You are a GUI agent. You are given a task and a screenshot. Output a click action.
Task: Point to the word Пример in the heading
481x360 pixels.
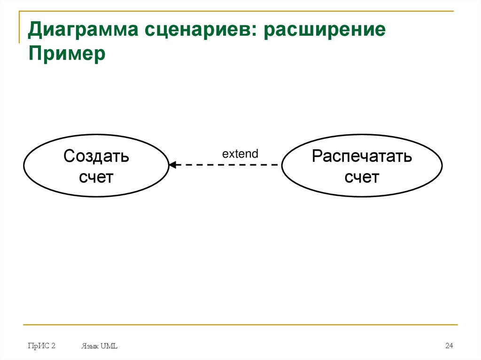tap(67, 54)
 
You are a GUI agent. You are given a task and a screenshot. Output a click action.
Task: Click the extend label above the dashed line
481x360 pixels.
tap(240, 153)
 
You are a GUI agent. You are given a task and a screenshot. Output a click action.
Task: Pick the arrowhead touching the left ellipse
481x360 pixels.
tap(172, 165)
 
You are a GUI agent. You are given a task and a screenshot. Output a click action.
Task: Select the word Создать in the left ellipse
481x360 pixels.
tap(96, 156)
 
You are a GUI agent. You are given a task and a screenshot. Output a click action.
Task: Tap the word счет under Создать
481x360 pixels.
tap(96, 177)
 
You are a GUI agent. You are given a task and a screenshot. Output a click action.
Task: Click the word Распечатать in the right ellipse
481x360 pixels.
tap(362, 156)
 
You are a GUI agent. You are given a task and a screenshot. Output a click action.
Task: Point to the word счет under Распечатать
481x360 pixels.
tap(362, 177)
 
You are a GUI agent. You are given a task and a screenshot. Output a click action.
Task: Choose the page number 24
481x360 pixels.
tap(449, 346)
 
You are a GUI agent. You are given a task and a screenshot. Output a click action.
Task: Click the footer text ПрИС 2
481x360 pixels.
tap(41, 346)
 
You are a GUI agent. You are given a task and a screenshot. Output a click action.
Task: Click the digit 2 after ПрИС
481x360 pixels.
tap(54, 346)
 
